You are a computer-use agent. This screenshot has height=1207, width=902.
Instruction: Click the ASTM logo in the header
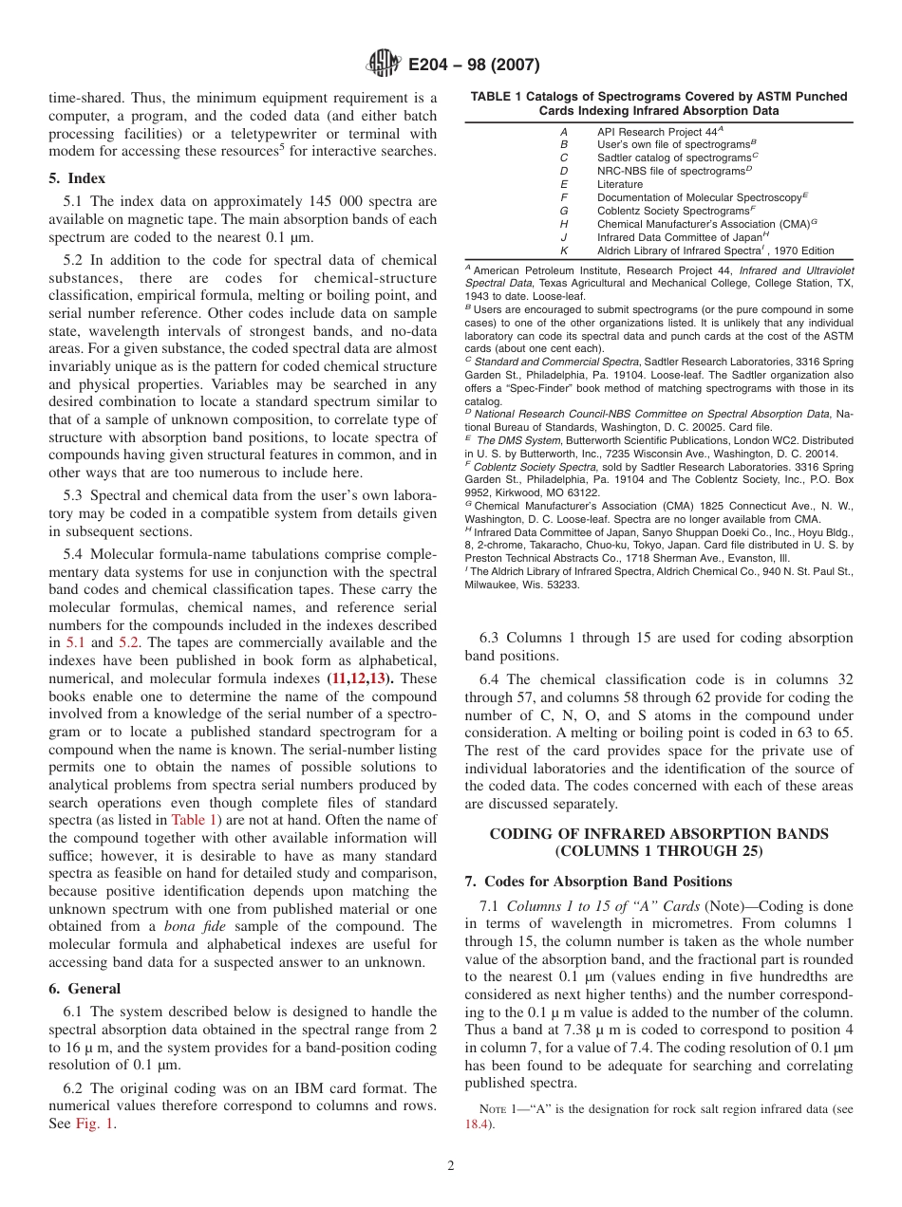tap(385, 65)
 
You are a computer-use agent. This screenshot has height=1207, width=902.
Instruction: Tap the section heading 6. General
tap(85, 988)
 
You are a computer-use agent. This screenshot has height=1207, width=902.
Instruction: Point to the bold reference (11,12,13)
tap(362, 678)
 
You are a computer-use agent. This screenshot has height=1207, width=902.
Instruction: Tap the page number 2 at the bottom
tap(451, 1165)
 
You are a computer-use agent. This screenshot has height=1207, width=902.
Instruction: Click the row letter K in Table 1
tap(564, 251)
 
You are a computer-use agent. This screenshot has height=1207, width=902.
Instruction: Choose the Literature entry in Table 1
tap(619, 184)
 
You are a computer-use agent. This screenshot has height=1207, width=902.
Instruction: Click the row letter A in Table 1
tap(564, 131)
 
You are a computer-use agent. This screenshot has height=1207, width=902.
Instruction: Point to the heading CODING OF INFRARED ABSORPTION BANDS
tap(658, 833)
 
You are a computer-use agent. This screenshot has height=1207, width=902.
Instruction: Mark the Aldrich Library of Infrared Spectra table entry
tap(684, 251)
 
